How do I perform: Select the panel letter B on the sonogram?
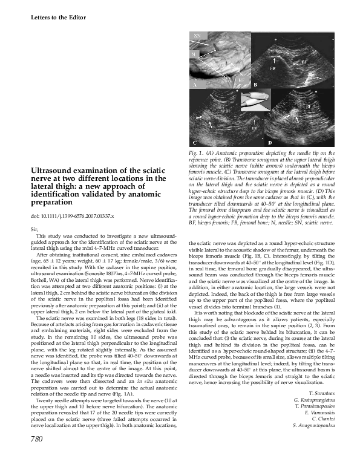[256, 84]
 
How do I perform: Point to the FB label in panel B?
[272, 69]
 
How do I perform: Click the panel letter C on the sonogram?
[195, 142]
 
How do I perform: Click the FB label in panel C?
[254, 128]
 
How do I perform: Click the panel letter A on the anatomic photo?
[195, 85]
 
